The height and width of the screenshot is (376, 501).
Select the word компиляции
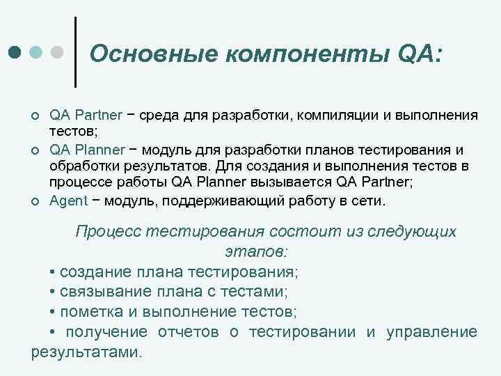331,115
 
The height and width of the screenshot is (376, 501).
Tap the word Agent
67,202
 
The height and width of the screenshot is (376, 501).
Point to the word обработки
78,167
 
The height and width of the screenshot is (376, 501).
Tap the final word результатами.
86,352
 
